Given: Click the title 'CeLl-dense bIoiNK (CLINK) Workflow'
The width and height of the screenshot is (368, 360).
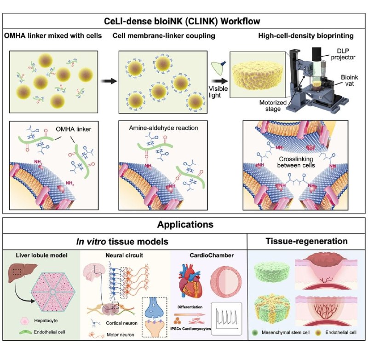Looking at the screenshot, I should pyautogui.click(x=184, y=22).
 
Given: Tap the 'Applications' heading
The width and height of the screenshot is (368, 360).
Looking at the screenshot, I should pyautogui.click(x=184, y=225).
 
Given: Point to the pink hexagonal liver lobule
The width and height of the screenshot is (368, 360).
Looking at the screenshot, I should pyautogui.click(x=55, y=292).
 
